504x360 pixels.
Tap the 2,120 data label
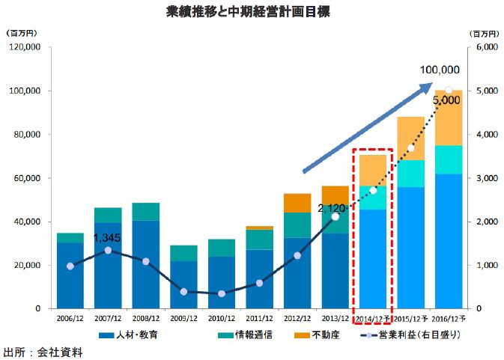[332, 207]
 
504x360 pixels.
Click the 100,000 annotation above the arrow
[440, 70]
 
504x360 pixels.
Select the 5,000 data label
[446, 100]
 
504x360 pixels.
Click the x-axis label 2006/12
[70, 317]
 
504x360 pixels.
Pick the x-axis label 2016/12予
[449, 317]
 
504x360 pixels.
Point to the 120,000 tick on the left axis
[25, 47]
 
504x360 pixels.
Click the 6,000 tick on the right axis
[486, 47]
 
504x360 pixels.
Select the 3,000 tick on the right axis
[486, 178]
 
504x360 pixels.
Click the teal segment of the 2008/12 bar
[145, 212]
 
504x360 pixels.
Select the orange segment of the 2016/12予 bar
[449, 118]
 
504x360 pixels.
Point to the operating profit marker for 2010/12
[221, 293]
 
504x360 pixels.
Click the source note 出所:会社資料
[43, 351]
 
